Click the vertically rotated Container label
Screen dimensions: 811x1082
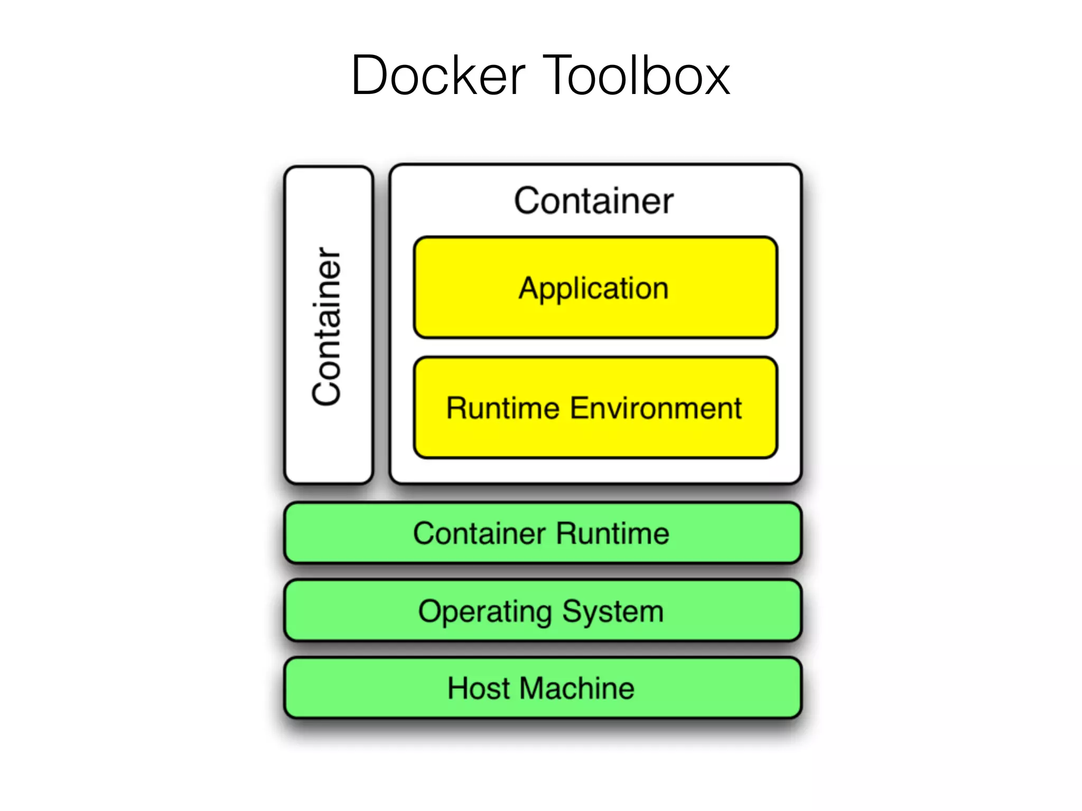(327, 326)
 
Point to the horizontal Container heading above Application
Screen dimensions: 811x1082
(594, 201)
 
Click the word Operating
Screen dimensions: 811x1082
(484, 612)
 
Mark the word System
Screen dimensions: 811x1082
(612, 612)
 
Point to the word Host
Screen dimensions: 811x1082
(479, 689)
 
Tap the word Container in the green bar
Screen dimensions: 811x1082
(479, 533)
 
